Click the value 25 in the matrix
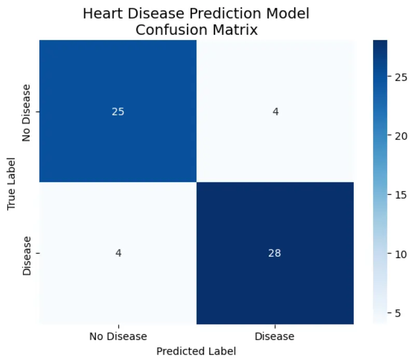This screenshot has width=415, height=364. coord(118,112)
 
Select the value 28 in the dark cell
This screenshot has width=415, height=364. coord(275,253)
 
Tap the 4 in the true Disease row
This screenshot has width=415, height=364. coord(118,253)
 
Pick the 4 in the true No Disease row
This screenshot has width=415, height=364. coord(275,112)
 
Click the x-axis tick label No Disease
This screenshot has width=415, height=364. coord(118,337)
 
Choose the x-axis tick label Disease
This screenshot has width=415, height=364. coord(275,337)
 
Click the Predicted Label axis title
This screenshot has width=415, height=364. coord(196,351)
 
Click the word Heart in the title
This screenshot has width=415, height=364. coord(100,14)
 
